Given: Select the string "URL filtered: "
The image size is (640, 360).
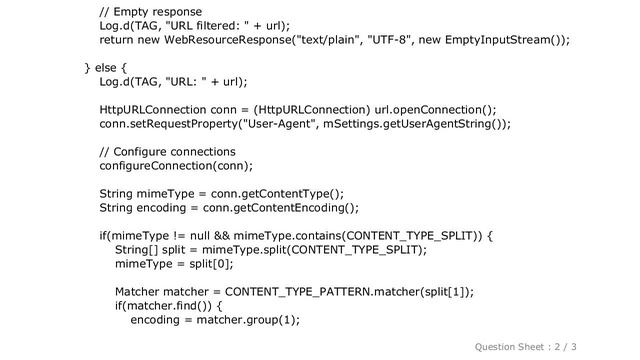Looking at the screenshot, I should click(212, 26).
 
